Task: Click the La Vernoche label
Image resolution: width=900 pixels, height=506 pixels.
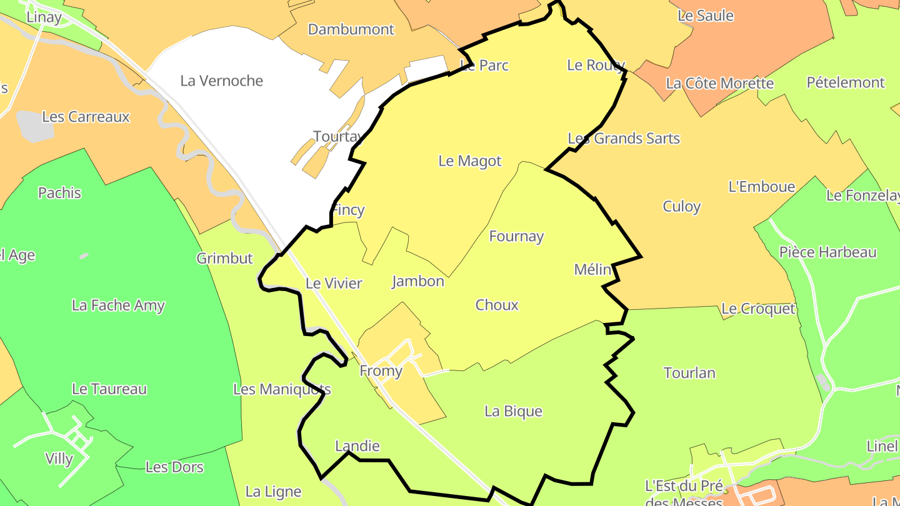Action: click(x=221, y=81)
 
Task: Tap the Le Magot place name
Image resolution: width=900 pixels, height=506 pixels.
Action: click(x=470, y=161)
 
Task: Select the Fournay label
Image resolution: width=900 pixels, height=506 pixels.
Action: click(x=516, y=236)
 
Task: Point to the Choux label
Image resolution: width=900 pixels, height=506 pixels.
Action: click(x=497, y=305)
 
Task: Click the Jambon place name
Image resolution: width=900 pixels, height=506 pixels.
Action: click(x=418, y=281)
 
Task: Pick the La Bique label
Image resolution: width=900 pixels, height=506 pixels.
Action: click(x=513, y=411)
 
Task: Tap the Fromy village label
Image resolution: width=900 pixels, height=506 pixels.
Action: click(x=381, y=371)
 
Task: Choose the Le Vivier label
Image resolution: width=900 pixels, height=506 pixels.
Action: click(x=334, y=283)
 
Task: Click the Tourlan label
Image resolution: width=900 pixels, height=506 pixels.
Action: click(x=689, y=373)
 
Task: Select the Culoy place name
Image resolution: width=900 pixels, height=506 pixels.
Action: click(x=681, y=206)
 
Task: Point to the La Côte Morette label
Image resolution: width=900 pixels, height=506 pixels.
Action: click(x=719, y=83)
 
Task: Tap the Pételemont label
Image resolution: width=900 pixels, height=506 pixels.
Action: click(x=846, y=82)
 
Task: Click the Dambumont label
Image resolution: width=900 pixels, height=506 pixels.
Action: click(x=351, y=29)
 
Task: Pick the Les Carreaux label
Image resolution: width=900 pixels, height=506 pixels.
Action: click(x=86, y=117)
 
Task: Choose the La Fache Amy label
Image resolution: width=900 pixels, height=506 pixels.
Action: click(x=118, y=305)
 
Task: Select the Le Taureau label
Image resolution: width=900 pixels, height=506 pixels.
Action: click(x=109, y=389)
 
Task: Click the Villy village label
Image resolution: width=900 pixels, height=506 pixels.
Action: click(x=59, y=459)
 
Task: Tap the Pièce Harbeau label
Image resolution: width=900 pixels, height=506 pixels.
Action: click(x=827, y=252)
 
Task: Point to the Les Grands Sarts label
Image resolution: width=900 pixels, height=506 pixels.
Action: click(x=623, y=138)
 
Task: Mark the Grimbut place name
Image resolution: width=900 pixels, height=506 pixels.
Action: click(x=224, y=258)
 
